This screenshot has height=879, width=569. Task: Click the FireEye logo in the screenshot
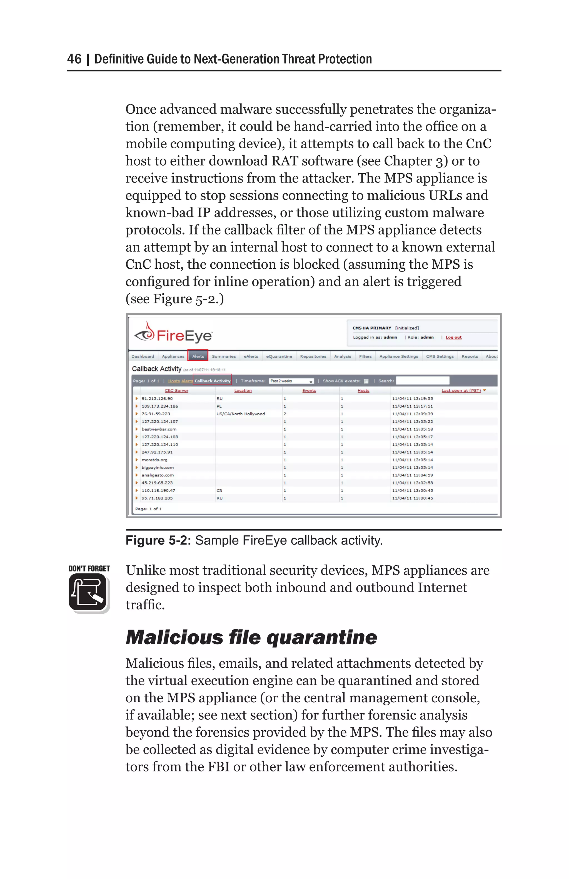click(x=173, y=334)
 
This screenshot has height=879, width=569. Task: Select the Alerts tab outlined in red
click(x=198, y=356)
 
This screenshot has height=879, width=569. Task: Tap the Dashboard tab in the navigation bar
click(x=143, y=356)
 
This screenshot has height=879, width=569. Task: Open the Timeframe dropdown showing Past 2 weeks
click(x=291, y=381)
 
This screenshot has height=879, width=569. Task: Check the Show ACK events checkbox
click(x=366, y=381)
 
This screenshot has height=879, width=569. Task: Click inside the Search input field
click(x=422, y=380)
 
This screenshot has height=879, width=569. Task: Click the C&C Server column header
click(x=176, y=390)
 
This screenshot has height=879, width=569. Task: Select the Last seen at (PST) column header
click(x=461, y=390)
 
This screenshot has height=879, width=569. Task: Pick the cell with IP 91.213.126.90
click(x=157, y=398)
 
